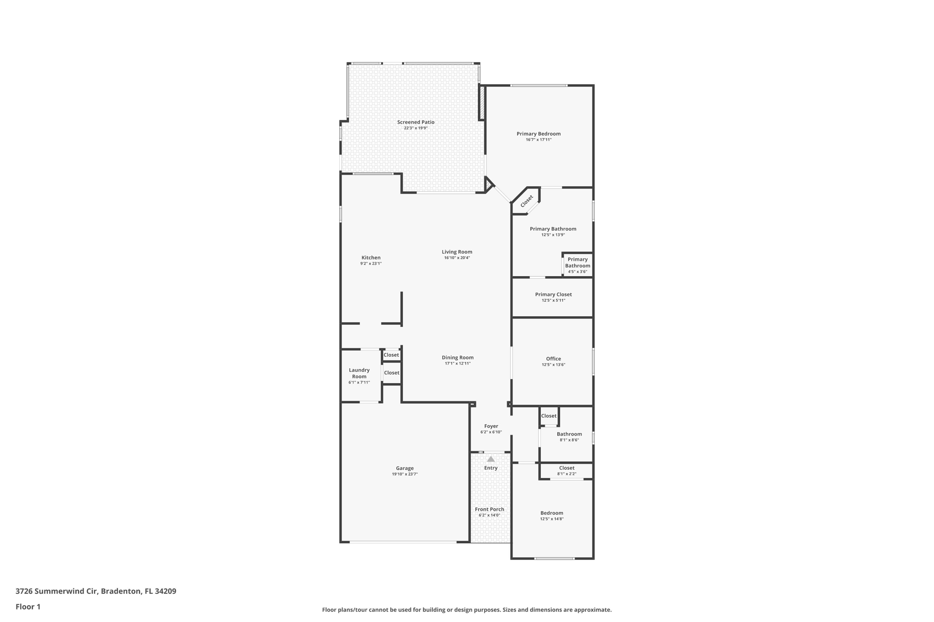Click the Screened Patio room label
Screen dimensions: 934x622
pyautogui.click(x=415, y=122)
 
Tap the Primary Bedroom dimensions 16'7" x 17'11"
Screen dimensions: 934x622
pyautogui.click(x=539, y=140)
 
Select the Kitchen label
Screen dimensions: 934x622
pyautogui.click(x=371, y=258)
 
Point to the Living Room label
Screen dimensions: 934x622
pyautogui.click(x=457, y=252)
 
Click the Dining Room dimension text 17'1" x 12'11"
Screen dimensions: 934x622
pyautogui.click(x=457, y=364)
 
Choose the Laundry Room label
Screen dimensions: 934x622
pyautogui.click(x=359, y=373)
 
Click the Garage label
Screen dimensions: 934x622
pyautogui.click(x=405, y=468)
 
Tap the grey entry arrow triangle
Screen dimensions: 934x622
pyautogui.click(x=491, y=459)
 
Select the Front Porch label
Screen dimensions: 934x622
pyautogui.click(x=489, y=509)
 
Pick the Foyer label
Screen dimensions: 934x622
pyautogui.click(x=491, y=427)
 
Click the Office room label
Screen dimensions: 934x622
pyautogui.click(x=553, y=359)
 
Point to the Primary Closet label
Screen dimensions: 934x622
pyautogui.click(x=553, y=295)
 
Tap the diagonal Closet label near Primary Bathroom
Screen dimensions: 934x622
pyautogui.click(x=527, y=200)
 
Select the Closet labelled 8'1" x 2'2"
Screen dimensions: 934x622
pyautogui.click(x=566, y=468)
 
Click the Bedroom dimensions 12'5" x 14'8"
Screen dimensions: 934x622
pyautogui.click(x=552, y=519)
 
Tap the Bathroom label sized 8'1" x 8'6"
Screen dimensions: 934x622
pyautogui.click(x=569, y=434)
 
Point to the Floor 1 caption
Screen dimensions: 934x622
pyautogui.click(x=28, y=607)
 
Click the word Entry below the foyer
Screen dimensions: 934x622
pyautogui.click(x=491, y=468)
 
